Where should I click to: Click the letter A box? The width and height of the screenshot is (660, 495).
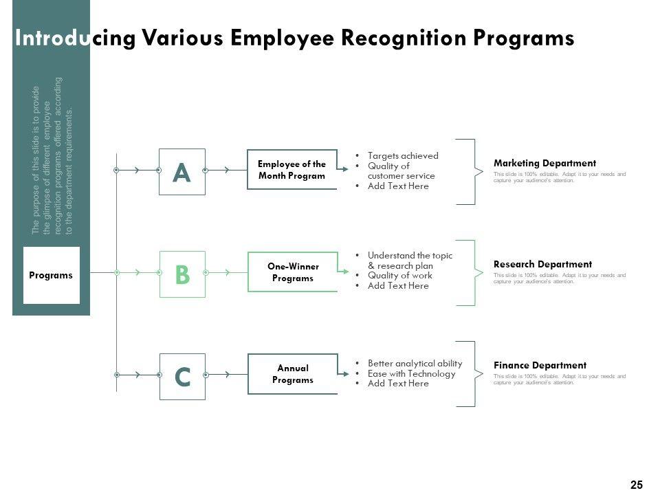(182, 172)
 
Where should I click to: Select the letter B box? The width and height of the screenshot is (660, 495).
(182, 274)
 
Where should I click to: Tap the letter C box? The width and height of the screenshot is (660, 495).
(182, 376)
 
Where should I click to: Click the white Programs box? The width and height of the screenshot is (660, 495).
(52, 275)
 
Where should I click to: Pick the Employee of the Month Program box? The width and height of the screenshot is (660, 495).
(292, 170)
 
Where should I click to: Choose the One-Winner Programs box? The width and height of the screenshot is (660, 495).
(292, 272)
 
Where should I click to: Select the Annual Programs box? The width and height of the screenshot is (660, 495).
(292, 374)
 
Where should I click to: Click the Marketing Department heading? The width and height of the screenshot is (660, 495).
(544, 163)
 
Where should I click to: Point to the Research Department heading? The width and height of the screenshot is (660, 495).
(542, 264)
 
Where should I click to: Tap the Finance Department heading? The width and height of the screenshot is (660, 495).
(540, 365)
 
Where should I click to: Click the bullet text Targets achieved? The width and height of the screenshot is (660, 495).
(403, 156)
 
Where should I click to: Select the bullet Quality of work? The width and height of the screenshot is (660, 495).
(400, 276)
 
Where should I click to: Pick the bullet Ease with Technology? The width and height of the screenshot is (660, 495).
(412, 373)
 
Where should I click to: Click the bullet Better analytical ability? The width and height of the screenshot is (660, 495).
(415, 363)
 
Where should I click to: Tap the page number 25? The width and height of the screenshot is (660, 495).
(636, 485)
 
